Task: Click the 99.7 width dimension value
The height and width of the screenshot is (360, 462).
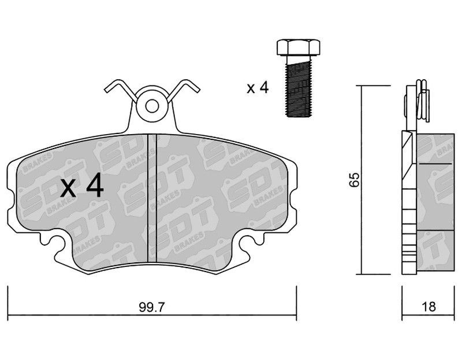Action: coord(152,307)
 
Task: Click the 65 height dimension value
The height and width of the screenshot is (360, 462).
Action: coord(355,180)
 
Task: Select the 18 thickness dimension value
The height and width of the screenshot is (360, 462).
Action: coord(429,307)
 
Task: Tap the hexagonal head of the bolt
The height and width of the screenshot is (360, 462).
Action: coord(298,47)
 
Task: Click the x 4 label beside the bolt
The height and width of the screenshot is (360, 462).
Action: coord(258,88)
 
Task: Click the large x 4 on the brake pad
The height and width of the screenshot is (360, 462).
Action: coord(82,185)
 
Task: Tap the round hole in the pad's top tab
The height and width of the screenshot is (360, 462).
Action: coord(152,106)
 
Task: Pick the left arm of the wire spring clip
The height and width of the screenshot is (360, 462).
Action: coord(121,90)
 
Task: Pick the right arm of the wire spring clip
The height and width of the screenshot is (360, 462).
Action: coord(184,90)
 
